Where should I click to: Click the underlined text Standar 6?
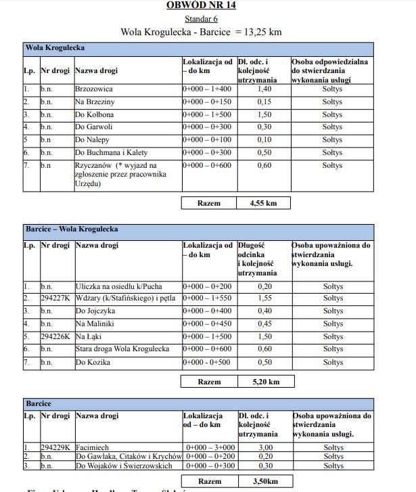coord(201,19)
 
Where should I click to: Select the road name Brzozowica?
coord(94,89)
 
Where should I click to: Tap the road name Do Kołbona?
coord(95,114)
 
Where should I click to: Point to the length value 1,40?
coord(264,89)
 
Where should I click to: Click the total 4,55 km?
coord(264,202)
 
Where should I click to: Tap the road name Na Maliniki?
coord(95,324)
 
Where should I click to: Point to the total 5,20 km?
coord(264,382)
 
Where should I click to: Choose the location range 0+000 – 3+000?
coord(209,448)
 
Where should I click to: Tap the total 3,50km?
coord(264,481)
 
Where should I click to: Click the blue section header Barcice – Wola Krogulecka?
coord(71,229)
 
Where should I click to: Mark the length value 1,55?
coord(264,298)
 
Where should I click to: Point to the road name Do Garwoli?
coord(94,127)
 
